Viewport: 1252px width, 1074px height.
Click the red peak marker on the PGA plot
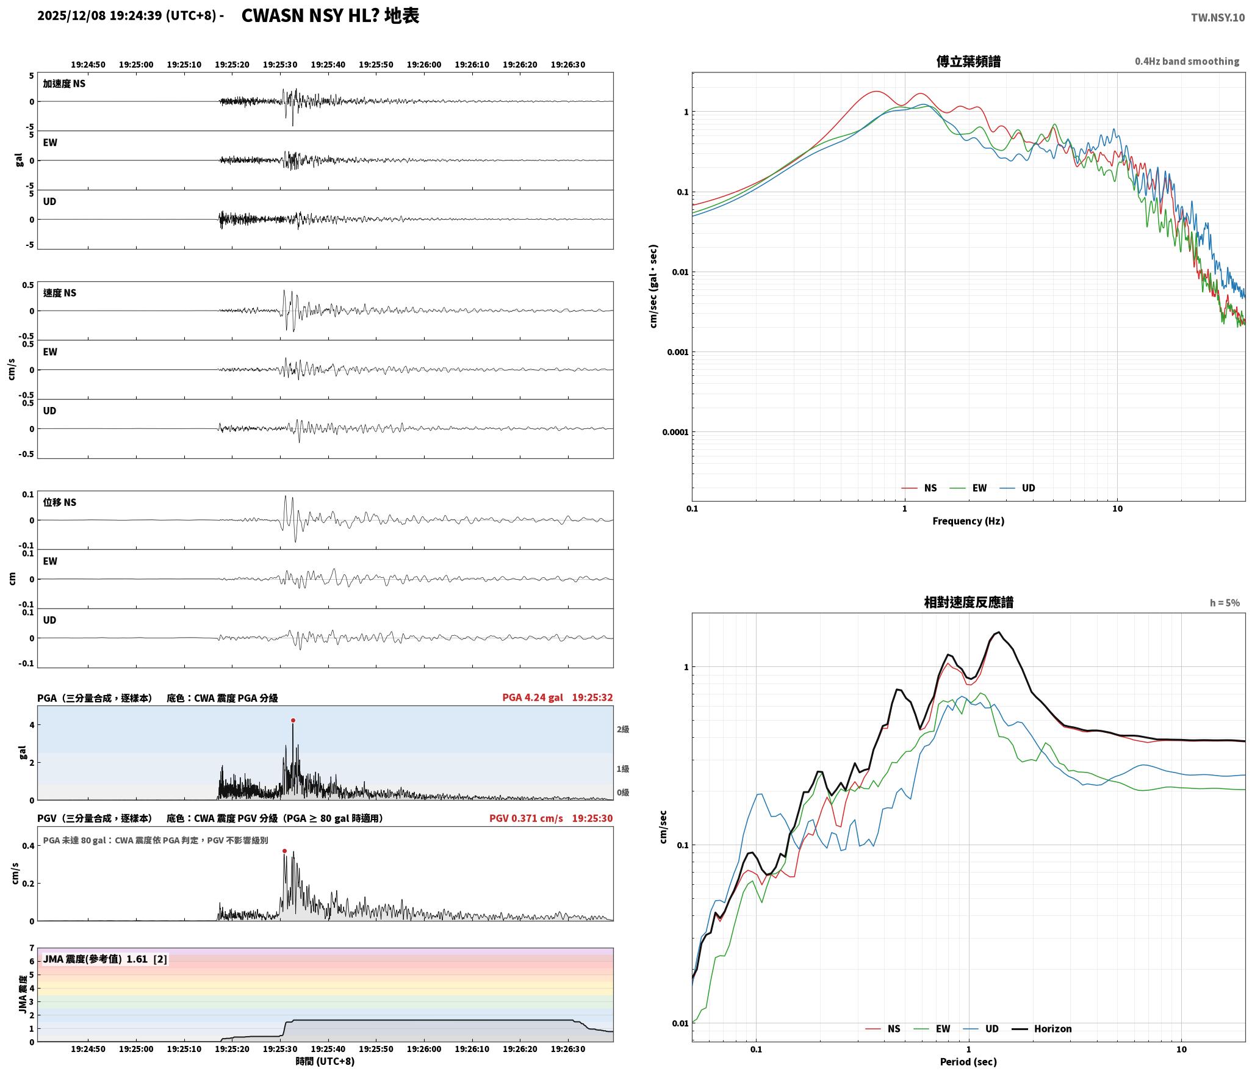(293, 720)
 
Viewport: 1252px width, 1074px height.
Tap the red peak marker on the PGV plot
(284, 851)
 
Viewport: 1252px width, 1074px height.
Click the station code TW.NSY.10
(1217, 17)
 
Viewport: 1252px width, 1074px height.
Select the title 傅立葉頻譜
(968, 61)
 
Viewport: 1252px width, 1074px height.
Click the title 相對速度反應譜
(968, 602)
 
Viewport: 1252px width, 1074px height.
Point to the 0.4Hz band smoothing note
(1187, 61)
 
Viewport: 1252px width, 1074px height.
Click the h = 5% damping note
(1225, 603)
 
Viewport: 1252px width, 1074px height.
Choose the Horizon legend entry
(1042, 1029)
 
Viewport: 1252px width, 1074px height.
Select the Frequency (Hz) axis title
(968, 521)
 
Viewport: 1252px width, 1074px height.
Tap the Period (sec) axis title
(968, 1062)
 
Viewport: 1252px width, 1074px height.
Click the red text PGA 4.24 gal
(533, 697)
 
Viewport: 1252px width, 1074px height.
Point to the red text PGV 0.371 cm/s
(526, 818)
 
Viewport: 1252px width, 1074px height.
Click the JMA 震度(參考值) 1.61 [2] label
(105, 959)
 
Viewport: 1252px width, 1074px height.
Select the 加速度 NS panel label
(64, 84)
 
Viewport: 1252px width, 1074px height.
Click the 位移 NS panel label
(60, 502)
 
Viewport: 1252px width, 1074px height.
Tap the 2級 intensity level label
(622, 729)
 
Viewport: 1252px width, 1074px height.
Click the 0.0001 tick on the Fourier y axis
(675, 433)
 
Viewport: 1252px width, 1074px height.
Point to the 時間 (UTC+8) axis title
(325, 1061)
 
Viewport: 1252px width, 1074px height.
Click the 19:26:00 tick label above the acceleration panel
(424, 65)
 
